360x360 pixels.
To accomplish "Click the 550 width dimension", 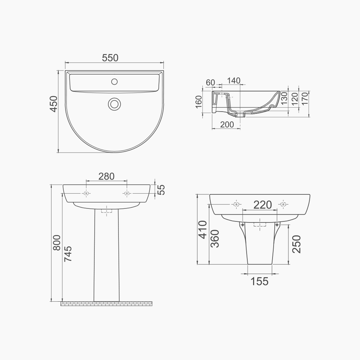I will pyautogui.click(x=110, y=58).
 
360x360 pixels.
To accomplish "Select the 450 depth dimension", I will pyautogui.click(x=53, y=104).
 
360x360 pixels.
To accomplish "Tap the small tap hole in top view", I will pyautogui.click(x=114, y=81).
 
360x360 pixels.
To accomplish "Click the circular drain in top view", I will pyautogui.click(x=114, y=104).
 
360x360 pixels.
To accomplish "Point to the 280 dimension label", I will pyautogui.click(x=106, y=176).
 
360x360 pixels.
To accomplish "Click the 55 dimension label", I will pyautogui.click(x=162, y=189).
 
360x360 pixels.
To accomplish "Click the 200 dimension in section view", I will pyautogui.click(x=227, y=125).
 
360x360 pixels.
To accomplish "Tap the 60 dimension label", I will pyautogui.click(x=211, y=82).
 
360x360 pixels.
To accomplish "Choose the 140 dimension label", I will pyautogui.click(x=234, y=81).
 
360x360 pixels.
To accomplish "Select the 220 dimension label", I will pyautogui.click(x=262, y=205).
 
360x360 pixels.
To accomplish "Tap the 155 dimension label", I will pyautogui.click(x=260, y=281).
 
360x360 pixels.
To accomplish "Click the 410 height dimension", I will pyautogui.click(x=203, y=230).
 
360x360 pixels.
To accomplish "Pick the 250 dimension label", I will pyautogui.click(x=296, y=244).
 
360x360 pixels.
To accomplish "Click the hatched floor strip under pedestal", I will pyautogui.click(x=107, y=304).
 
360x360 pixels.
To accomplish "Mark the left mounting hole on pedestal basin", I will pyautogui.click(x=86, y=193).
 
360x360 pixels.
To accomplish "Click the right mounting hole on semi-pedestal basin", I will pyautogui.click(x=284, y=204).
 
